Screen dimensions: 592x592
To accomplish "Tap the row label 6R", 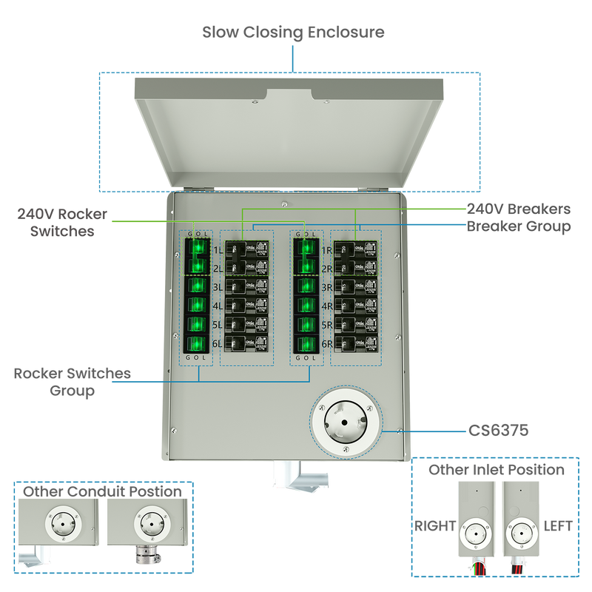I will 326,343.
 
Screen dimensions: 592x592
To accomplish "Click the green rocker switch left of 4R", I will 306,305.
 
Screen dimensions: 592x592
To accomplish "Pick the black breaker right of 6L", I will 246,343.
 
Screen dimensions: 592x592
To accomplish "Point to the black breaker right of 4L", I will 246,305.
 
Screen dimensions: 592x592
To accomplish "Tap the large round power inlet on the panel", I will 346,423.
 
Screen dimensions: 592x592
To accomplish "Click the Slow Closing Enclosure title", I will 294,33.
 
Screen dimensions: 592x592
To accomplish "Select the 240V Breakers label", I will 519,209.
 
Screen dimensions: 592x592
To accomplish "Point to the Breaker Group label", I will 519,226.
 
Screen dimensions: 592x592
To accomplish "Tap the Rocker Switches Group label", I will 72,382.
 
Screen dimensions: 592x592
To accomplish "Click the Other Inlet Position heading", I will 497,470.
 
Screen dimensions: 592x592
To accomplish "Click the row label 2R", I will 326,268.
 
